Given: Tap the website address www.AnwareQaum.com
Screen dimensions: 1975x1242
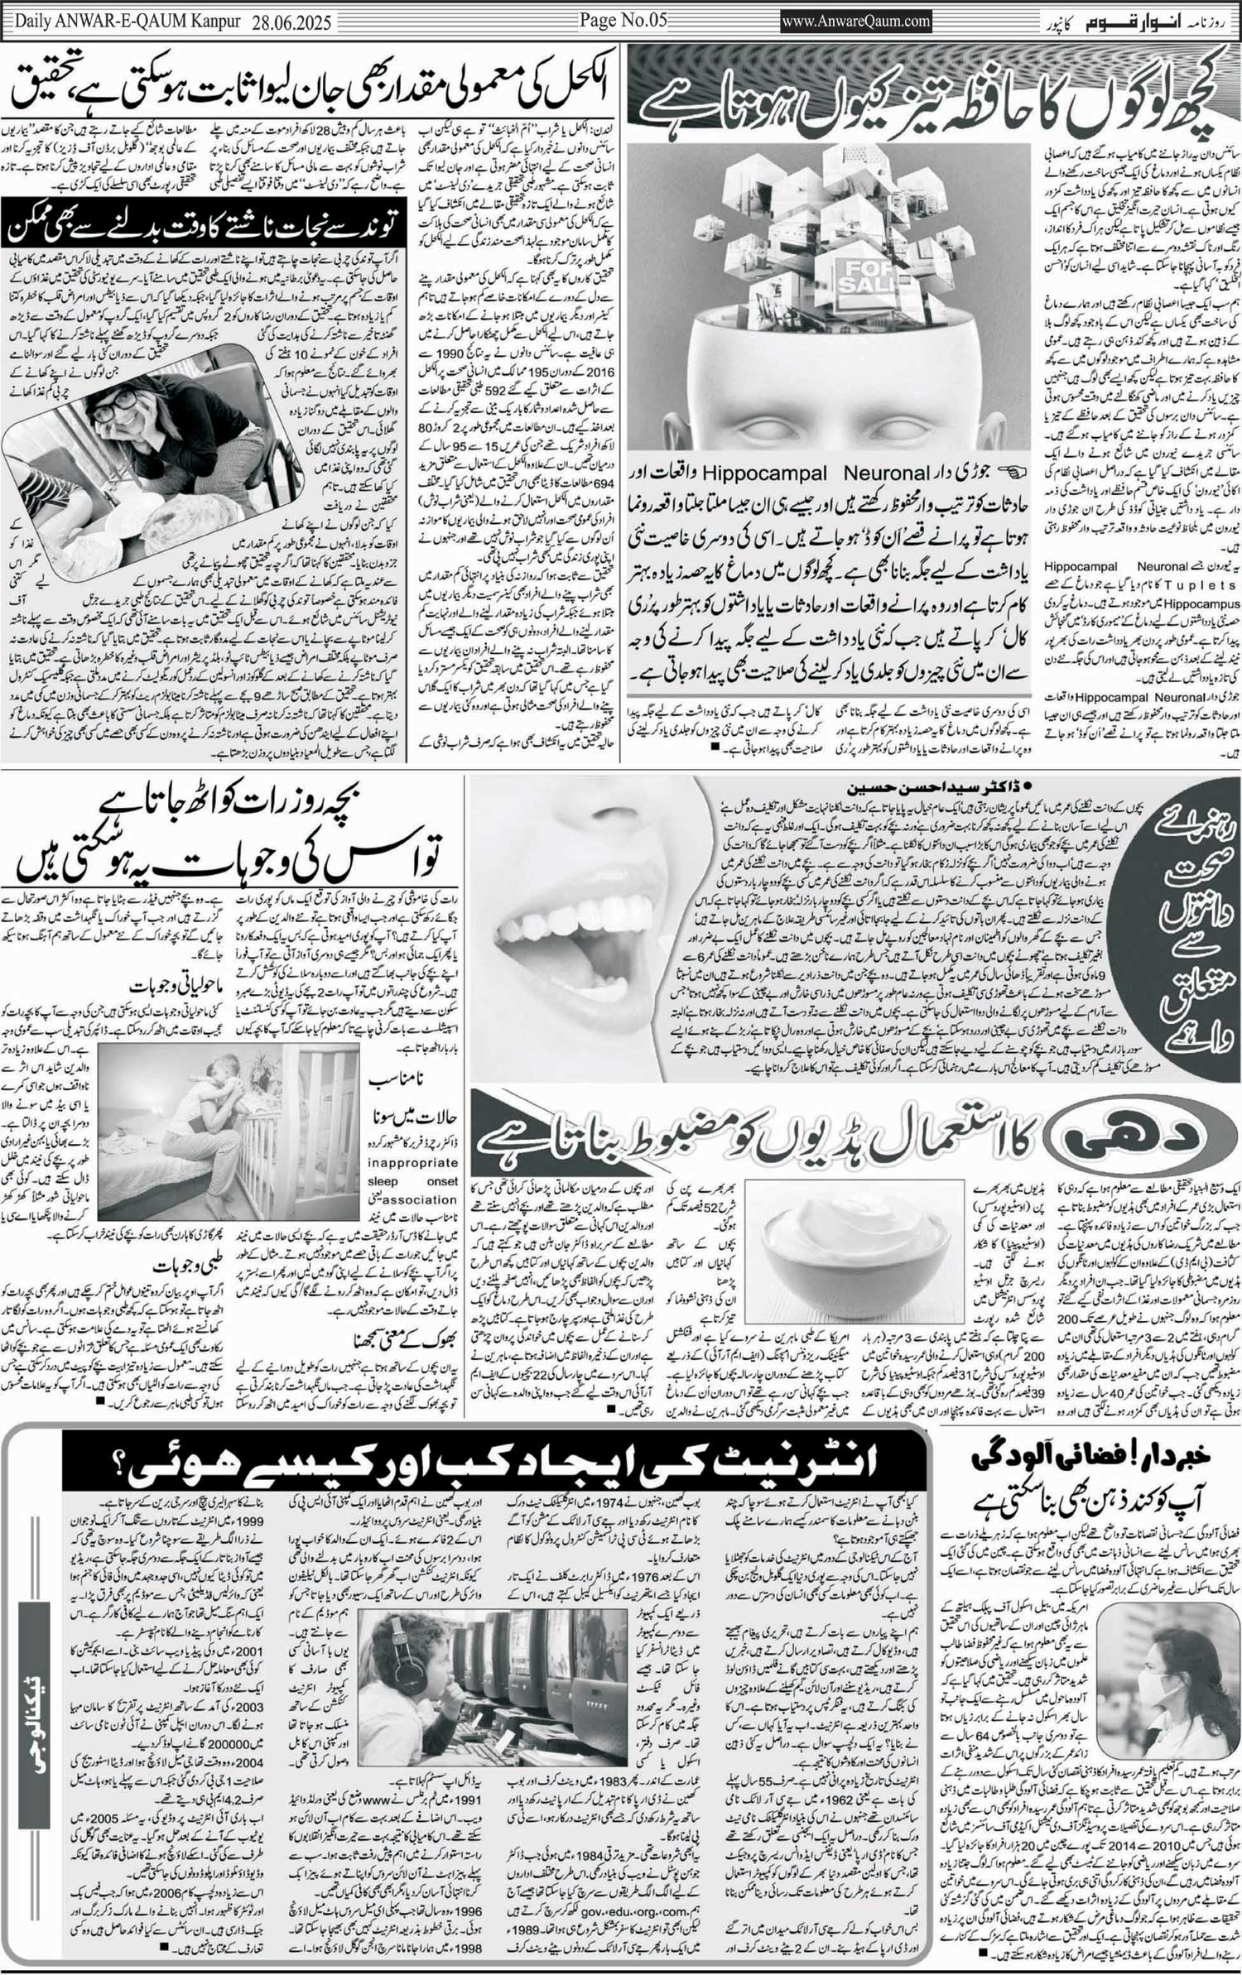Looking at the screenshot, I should click(856, 22).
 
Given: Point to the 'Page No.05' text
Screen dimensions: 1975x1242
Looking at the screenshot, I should click(623, 21).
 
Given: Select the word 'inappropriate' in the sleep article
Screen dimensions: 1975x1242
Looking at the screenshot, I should click(412, 1163).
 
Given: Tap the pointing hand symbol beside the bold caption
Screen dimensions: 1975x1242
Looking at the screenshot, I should click(1011, 473).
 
